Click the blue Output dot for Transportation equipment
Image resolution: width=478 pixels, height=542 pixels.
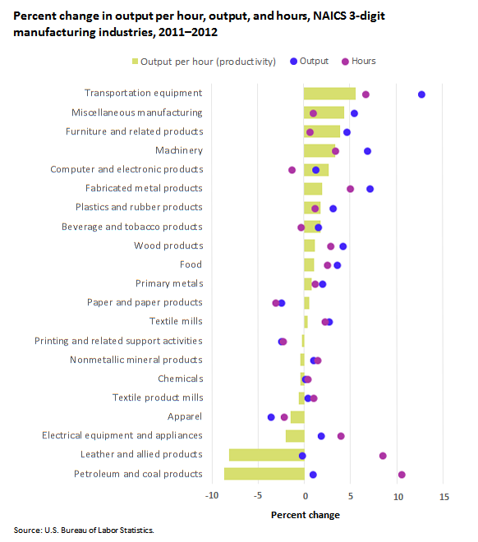(421, 94)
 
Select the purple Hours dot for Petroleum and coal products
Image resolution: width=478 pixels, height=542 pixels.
(402, 475)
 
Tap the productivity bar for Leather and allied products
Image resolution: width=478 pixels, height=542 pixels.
(266, 455)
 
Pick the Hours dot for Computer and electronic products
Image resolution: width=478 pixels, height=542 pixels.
(292, 170)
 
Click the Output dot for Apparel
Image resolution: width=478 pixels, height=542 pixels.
(271, 417)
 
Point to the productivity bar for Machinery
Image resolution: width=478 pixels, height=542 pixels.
(319, 151)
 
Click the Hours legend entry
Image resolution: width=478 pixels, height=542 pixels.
(358, 62)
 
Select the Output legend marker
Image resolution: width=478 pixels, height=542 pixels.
(293, 62)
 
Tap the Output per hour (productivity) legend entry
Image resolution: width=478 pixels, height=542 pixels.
(204, 62)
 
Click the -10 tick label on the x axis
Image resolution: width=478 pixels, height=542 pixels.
(212, 496)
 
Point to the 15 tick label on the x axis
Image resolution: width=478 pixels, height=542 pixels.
(444, 497)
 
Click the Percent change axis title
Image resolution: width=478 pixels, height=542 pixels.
(306, 515)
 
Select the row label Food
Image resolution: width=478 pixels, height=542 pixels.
(191, 264)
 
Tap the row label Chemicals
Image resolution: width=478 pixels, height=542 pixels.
(181, 379)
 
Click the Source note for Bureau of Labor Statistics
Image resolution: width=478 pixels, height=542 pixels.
(84, 531)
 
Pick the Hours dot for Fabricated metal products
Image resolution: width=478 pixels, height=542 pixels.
(350, 189)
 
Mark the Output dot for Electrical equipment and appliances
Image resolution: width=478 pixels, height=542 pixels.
(321, 436)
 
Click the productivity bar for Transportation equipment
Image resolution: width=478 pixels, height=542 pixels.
(329, 94)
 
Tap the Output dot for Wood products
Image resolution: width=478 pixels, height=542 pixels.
(342, 246)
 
